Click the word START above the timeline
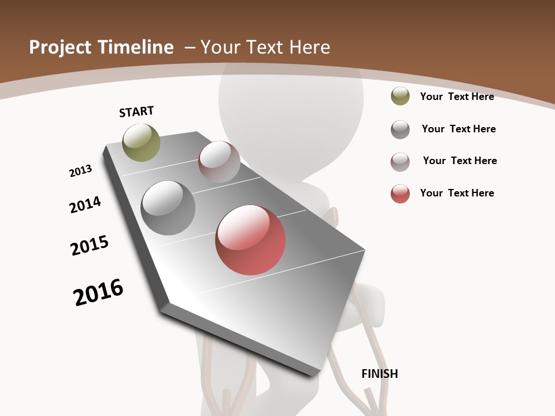(x=136, y=112)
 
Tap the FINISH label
(x=380, y=374)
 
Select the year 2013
(x=80, y=170)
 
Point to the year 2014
(x=85, y=205)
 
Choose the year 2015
(x=90, y=246)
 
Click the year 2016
(x=98, y=292)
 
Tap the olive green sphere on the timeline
(x=142, y=143)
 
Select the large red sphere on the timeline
(x=250, y=240)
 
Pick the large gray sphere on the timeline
(x=168, y=208)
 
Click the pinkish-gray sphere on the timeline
(x=219, y=162)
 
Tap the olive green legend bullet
(x=400, y=96)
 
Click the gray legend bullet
(x=400, y=129)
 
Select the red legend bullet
(x=400, y=194)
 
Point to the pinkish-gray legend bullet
(x=400, y=161)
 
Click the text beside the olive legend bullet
(x=457, y=96)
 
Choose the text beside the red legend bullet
(x=457, y=193)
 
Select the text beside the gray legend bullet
(x=458, y=129)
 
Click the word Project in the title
(x=61, y=47)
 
